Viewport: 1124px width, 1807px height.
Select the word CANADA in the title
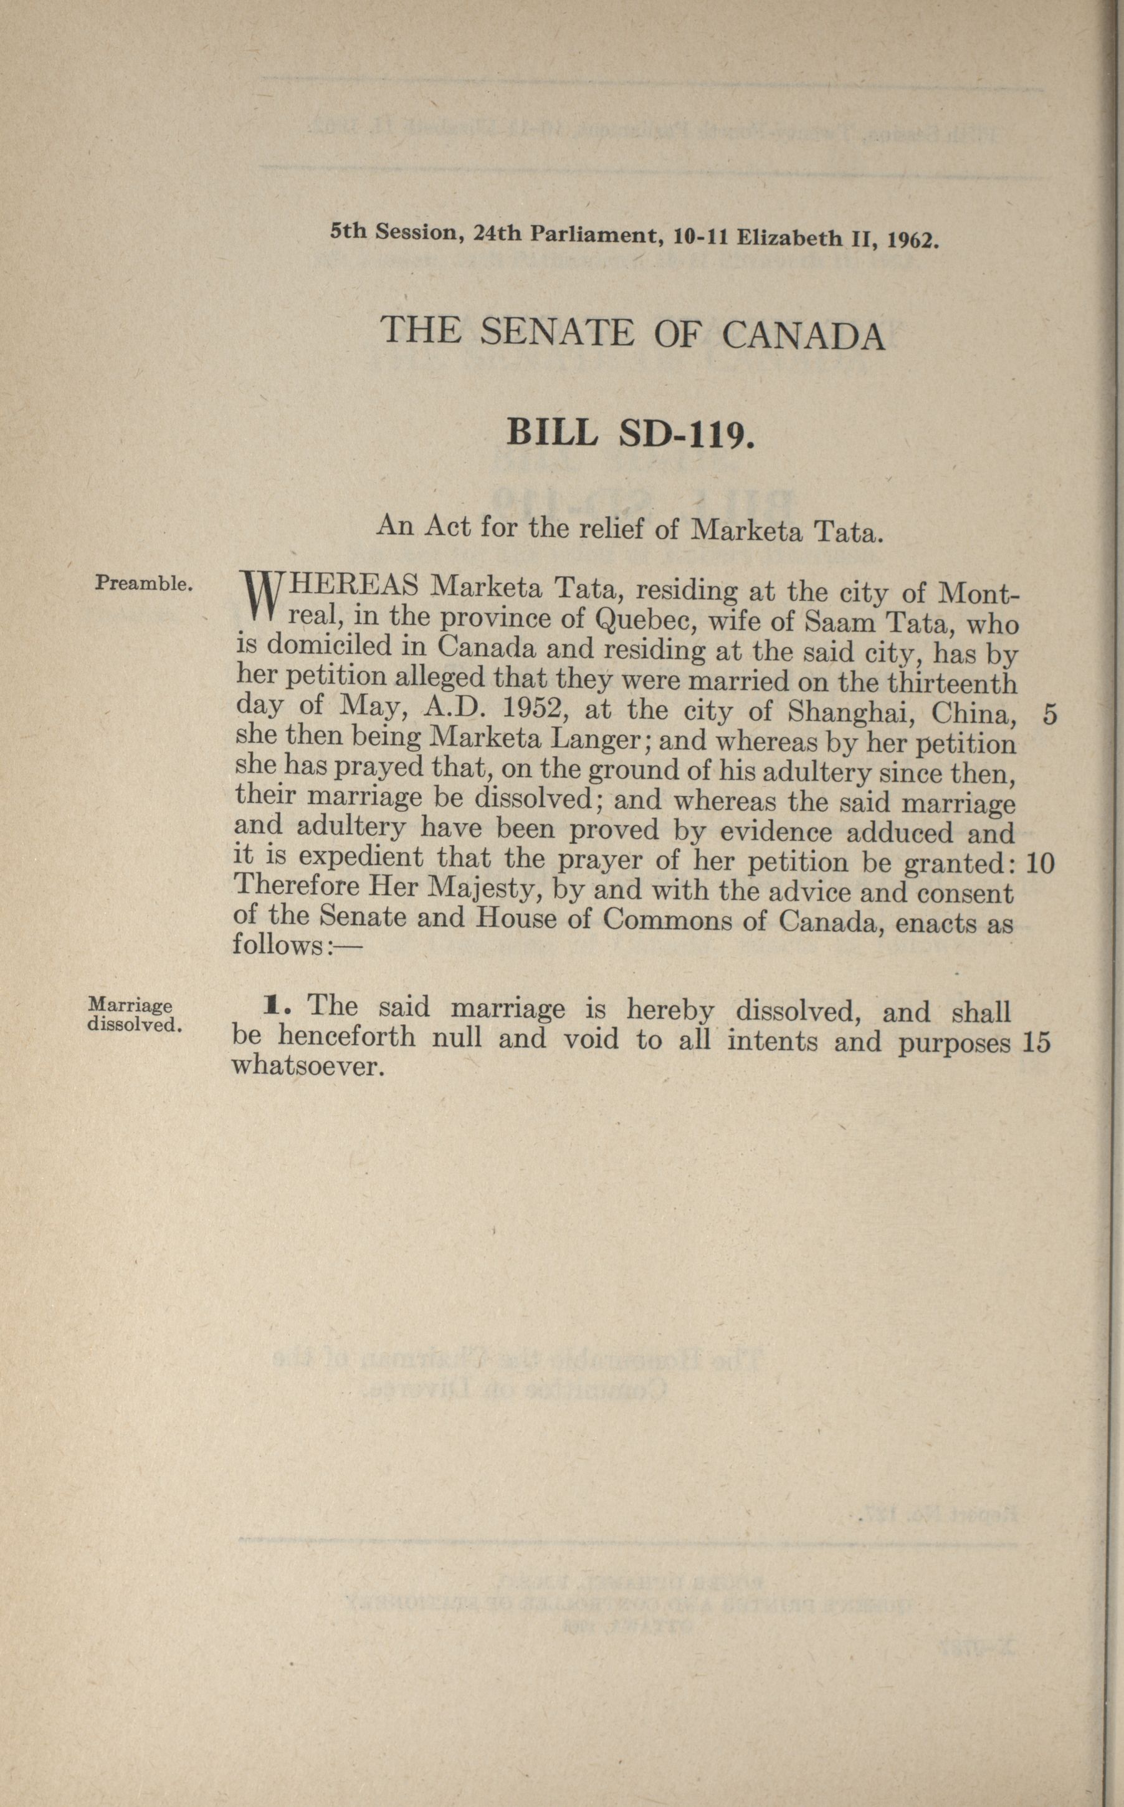(804, 336)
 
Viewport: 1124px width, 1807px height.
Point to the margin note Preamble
(144, 584)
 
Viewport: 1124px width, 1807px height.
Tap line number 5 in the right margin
(1050, 714)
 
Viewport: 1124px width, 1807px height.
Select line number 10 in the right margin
(1040, 863)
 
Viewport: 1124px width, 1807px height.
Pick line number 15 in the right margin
(1037, 1043)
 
